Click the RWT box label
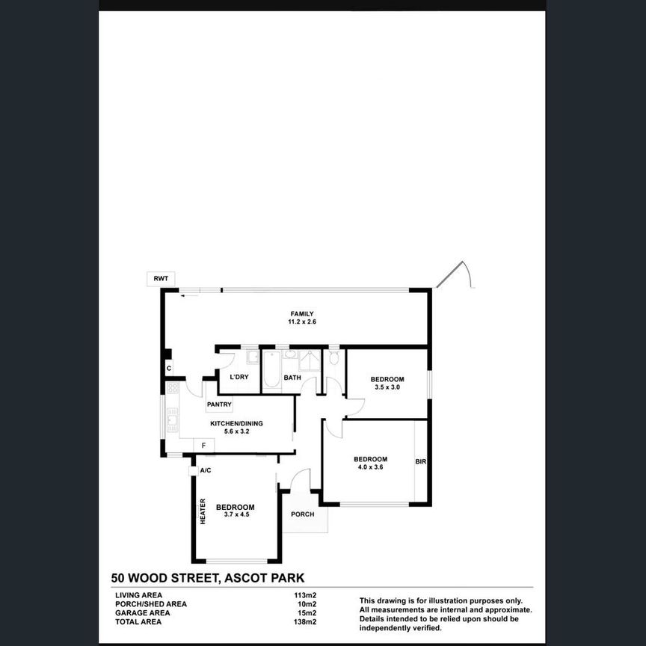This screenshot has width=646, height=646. point(161,278)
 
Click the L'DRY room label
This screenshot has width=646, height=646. point(239,377)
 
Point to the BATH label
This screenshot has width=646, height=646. point(292,378)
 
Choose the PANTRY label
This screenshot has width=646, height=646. point(220,404)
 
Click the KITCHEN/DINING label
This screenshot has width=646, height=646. point(236,423)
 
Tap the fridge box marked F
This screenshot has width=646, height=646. point(203,446)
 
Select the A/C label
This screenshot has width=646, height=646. point(206,470)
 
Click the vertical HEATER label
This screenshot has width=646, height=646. point(203,511)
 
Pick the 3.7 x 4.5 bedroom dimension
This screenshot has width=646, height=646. point(235,514)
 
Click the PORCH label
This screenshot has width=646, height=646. point(302,514)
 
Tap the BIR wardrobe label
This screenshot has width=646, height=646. point(420,462)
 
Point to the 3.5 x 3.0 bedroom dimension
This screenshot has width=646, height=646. point(387,387)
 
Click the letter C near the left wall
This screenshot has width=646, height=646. point(169,368)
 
